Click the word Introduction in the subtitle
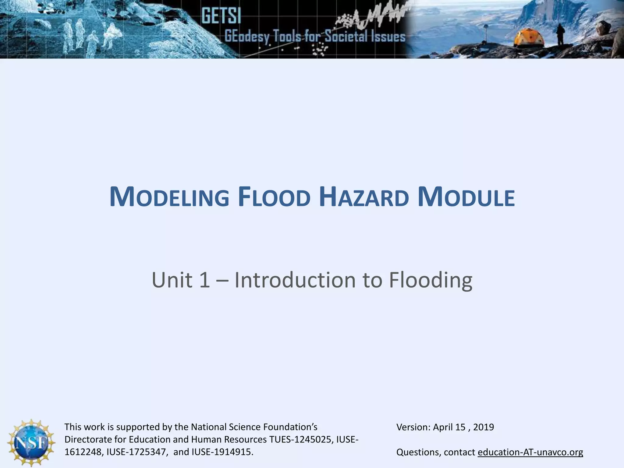295,280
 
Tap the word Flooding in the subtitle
431,280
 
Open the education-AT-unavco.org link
530,452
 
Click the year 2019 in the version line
484,427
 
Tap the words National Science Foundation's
254,427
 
